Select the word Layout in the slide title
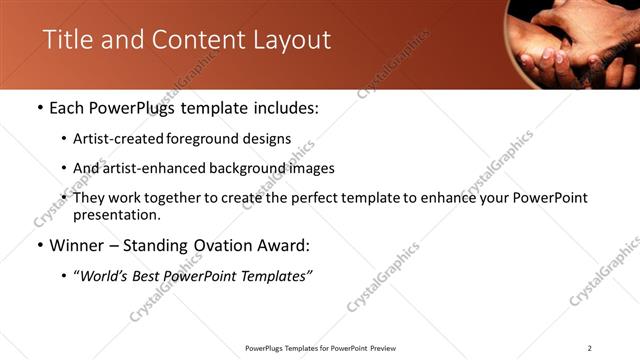290,40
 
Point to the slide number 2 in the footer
589,347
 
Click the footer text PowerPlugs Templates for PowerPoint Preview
319,347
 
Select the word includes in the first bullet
283,108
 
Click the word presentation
115,214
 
